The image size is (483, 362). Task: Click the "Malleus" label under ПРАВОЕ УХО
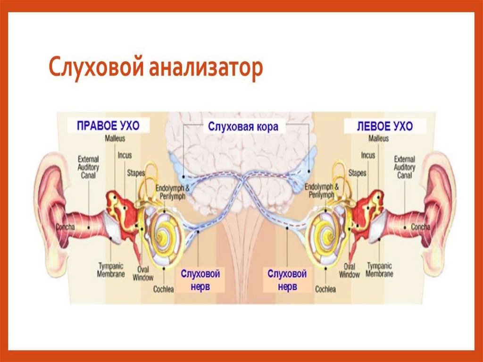(115, 139)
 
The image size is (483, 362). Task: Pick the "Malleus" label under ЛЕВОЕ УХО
(378, 139)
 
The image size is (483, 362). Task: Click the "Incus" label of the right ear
(125, 155)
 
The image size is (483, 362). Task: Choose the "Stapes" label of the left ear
(357, 173)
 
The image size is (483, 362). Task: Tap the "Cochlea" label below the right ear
(164, 289)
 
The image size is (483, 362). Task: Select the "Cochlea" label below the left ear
(325, 289)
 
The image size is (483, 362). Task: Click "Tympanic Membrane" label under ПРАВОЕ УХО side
(111, 269)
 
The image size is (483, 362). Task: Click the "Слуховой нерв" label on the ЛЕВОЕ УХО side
(287, 280)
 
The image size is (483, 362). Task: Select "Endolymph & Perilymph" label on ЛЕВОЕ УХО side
(322, 190)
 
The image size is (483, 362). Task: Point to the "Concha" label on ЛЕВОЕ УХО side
(420, 227)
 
